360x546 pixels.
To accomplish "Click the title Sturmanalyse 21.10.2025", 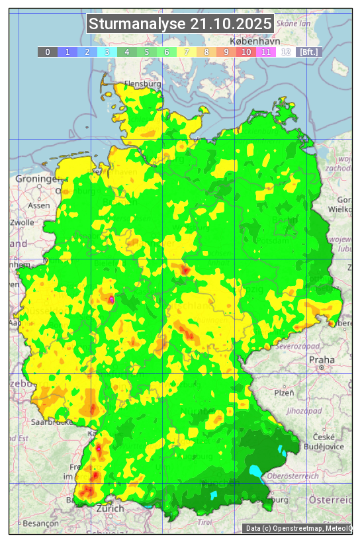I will tap(180, 24).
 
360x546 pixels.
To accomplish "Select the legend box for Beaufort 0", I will tap(48, 52).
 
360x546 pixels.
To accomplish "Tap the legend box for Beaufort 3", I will tap(107, 52).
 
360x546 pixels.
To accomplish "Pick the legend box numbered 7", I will tap(187, 52).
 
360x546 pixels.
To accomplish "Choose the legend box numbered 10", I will tap(246, 52).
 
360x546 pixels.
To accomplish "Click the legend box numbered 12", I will tap(286, 52).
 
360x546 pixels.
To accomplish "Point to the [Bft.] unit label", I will tap(308, 52).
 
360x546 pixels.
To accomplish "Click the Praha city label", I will tap(322, 359).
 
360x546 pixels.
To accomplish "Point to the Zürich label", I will tap(110, 508).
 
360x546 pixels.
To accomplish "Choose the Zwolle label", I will tap(22, 222).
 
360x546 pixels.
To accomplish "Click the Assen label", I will tap(39, 205).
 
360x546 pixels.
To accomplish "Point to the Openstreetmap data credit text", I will tap(298, 528).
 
